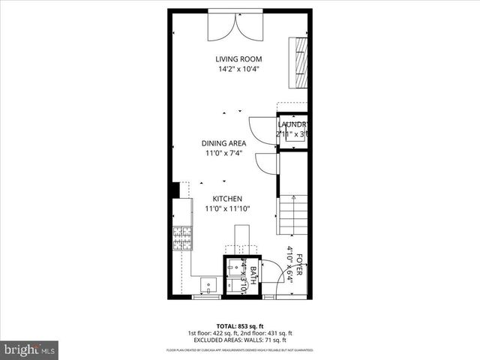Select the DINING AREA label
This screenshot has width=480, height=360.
point(225,143)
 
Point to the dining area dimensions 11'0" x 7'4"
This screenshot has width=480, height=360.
point(225,154)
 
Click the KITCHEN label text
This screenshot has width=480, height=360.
point(226,199)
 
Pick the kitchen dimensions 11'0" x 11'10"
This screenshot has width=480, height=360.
point(226,209)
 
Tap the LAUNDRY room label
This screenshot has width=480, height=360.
point(293,124)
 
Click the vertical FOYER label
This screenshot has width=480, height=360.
point(299,266)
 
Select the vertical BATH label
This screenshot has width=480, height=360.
point(253,276)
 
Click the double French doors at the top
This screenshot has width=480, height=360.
point(238,26)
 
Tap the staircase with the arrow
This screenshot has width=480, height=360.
point(294,214)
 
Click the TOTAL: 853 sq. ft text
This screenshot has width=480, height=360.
point(240,325)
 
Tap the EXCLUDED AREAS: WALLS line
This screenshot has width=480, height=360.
point(240,339)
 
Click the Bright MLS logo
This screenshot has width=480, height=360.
point(30,349)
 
